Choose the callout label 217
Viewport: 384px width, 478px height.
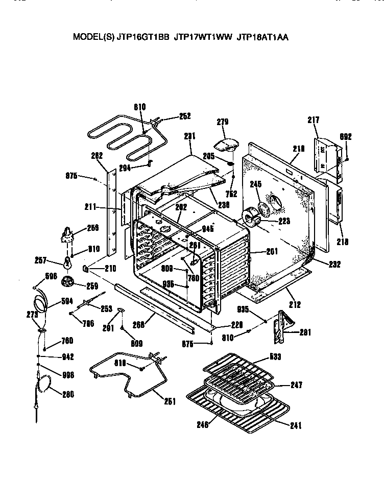[313, 120]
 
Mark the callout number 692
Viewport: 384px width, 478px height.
[346, 136]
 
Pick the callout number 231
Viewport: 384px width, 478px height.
[190, 136]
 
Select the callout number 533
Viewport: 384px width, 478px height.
[275, 356]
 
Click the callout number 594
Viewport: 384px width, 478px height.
[67, 300]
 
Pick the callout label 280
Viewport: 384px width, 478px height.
[67, 394]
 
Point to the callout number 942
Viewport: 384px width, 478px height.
[67, 357]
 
